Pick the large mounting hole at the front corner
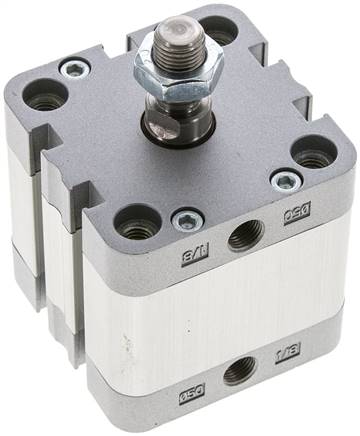(x=139, y=223)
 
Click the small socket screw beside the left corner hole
(x=75, y=68)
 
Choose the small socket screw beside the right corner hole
(x=285, y=180)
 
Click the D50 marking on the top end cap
(x=298, y=212)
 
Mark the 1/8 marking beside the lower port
(x=286, y=351)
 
